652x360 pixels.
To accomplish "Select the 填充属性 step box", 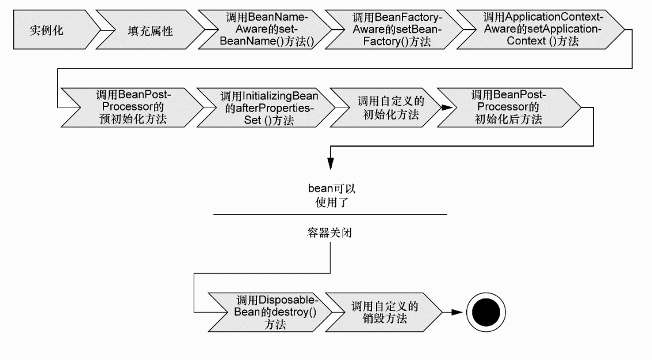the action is click(x=149, y=30).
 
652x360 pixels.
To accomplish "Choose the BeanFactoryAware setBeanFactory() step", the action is click(x=395, y=30).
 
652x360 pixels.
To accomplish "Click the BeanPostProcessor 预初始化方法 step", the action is click(x=133, y=107).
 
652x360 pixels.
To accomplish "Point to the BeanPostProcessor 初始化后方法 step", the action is click(x=508, y=107).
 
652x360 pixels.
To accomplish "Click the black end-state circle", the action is click(x=486, y=312).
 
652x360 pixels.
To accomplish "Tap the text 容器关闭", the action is click(x=330, y=232).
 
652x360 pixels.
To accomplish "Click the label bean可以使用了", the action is click(x=331, y=196).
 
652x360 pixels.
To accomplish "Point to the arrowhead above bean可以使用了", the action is click(x=331, y=164).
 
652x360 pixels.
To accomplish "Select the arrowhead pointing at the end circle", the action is click(x=457, y=312).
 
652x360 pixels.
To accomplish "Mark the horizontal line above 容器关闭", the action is click(x=330, y=215).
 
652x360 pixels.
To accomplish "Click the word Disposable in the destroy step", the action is click(x=287, y=300).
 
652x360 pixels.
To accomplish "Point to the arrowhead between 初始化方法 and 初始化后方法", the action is click(x=447, y=107).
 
